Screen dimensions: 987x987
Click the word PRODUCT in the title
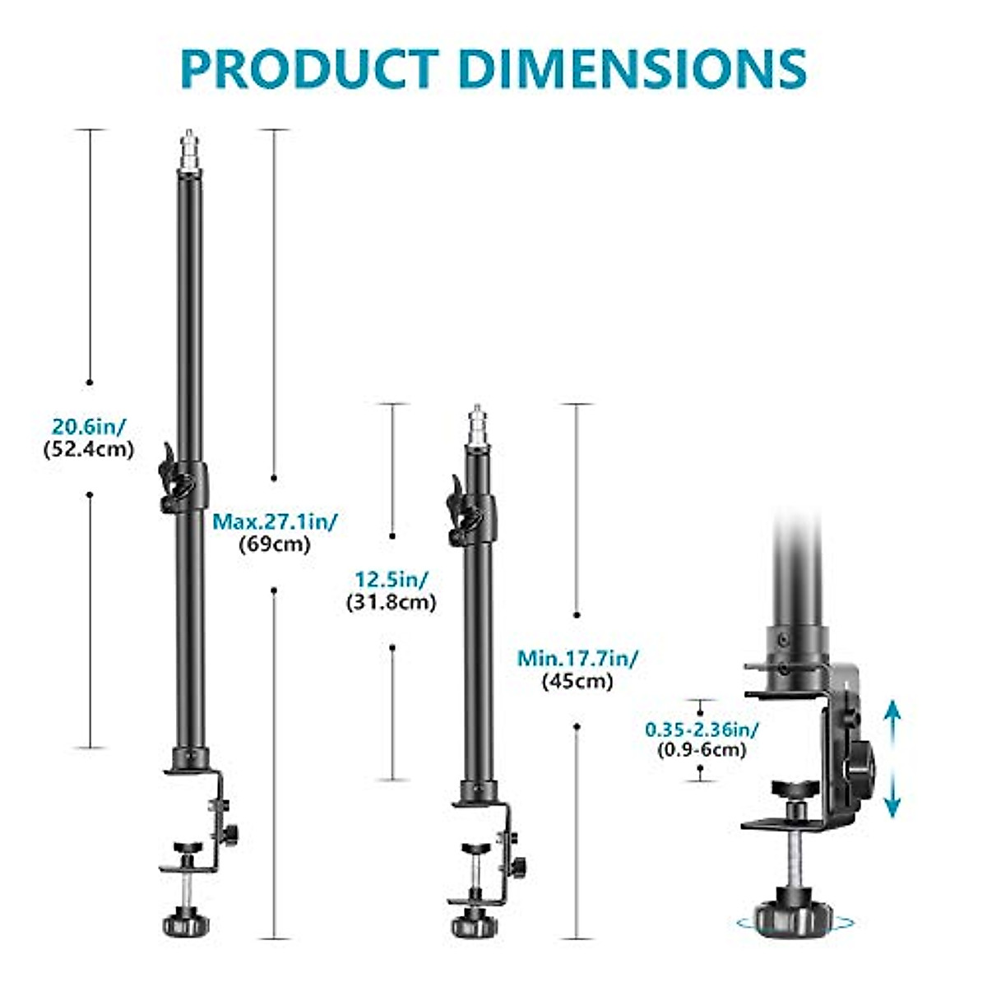(310, 69)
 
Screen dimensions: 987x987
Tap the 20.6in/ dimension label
(90, 426)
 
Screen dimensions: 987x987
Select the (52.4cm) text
(89, 450)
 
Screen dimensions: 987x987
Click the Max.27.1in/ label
(276, 521)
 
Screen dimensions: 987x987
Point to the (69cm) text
(275, 544)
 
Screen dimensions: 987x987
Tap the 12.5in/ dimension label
(392, 579)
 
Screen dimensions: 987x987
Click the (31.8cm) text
(392, 602)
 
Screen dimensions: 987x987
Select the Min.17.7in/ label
(578, 658)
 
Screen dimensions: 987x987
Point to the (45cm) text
(577, 681)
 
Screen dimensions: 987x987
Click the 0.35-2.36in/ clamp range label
(702, 729)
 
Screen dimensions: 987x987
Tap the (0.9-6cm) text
(702, 750)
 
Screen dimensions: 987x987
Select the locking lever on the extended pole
(171, 477)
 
